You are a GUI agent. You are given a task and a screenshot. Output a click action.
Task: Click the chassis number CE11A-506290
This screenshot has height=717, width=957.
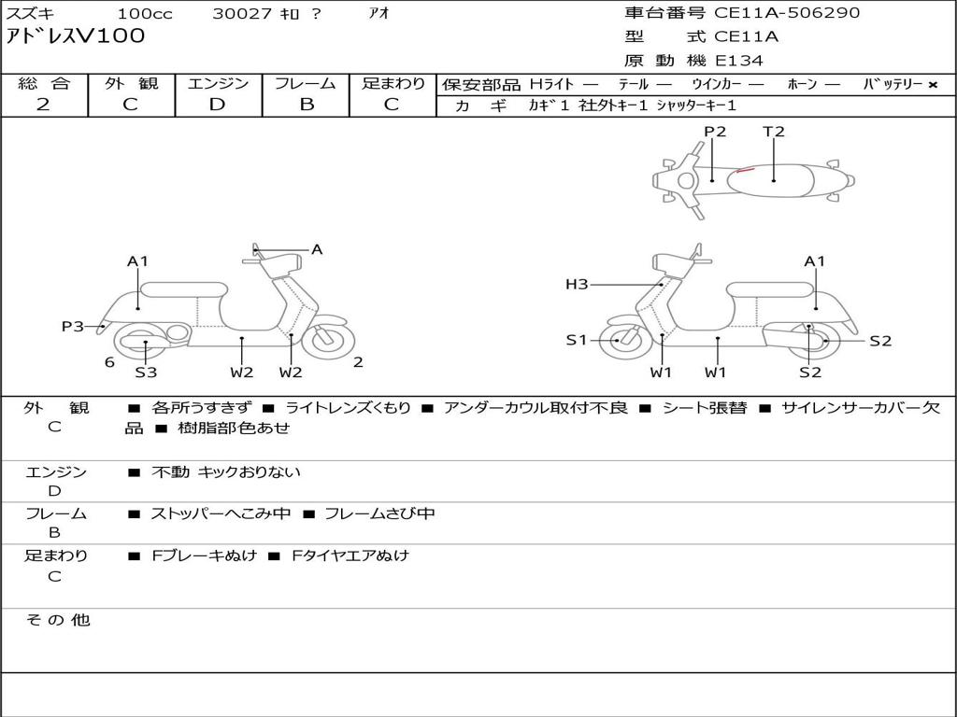click(787, 12)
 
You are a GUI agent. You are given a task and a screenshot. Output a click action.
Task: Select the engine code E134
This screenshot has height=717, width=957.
click(738, 61)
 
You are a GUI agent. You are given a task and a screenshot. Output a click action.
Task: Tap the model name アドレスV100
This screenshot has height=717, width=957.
click(75, 36)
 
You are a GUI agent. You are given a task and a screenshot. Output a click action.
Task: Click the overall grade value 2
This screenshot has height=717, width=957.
click(43, 105)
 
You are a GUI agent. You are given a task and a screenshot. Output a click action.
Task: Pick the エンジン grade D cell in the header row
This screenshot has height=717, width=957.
click(217, 105)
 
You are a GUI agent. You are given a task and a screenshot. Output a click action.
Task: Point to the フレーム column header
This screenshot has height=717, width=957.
click(306, 83)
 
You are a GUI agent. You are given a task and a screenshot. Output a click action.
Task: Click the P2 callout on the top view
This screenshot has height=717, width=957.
click(715, 132)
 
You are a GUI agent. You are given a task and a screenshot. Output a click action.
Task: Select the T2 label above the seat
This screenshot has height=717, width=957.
click(773, 132)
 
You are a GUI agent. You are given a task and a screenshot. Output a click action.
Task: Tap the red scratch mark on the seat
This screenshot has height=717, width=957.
click(745, 170)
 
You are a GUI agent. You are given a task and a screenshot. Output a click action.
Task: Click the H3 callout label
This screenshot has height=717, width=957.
click(577, 284)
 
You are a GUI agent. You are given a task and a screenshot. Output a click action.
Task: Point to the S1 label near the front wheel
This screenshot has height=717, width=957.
click(576, 340)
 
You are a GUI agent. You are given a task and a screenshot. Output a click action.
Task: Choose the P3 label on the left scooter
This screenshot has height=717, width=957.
click(73, 326)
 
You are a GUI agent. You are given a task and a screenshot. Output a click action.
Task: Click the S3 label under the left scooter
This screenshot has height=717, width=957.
click(146, 372)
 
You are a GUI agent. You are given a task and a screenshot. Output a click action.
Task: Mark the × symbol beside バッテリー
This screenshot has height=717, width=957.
click(933, 85)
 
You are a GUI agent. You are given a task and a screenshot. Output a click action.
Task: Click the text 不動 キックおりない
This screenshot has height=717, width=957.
click(226, 471)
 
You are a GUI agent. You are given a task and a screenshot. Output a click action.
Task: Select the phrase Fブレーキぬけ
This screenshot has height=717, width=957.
click(205, 555)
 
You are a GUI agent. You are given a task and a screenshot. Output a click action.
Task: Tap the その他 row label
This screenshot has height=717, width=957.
click(58, 620)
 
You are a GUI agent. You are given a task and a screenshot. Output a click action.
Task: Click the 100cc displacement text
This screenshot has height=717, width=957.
click(145, 13)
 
